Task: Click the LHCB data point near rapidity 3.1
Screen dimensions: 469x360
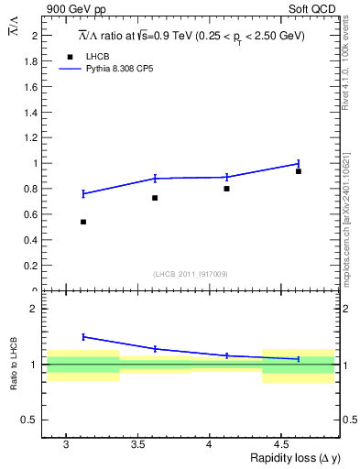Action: pos(83,222)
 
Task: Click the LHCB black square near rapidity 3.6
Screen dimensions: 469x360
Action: pos(155,198)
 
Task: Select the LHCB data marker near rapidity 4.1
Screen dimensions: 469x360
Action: pos(226,189)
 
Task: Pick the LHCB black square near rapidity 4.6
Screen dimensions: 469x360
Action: pos(299,171)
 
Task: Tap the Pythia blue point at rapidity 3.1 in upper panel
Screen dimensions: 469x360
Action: pos(83,193)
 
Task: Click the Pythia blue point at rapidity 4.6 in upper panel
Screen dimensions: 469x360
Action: pos(299,163)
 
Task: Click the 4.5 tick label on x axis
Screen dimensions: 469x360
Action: pos(283,443)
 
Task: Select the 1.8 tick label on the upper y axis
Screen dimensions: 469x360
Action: pos(33,61)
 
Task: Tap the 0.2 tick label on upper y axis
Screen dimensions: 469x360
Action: pos(33,266)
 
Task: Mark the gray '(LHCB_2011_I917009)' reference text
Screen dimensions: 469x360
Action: pos(190,274)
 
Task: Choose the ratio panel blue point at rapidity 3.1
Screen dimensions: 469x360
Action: pos(83,337)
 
